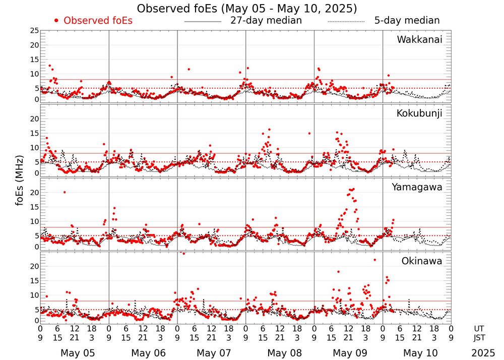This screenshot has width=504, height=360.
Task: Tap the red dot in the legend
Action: coord(56,21)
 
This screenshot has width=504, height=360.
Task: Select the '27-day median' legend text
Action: coord(266,21)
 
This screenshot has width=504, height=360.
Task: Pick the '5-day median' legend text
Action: coord(407,21)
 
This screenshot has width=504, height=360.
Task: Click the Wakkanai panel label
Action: coord(419,40)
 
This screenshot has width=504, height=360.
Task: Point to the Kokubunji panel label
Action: coord(419,113)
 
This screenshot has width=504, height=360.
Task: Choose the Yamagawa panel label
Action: coord(417,187)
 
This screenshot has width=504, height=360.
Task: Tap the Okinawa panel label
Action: coord(421,261)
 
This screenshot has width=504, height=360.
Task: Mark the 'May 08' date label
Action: coord(284,353)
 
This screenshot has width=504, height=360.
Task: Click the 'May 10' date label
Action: coord(422,353)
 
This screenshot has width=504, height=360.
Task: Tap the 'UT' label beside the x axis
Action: coord(479,328)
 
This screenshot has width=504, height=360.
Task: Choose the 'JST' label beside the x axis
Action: coord(479,337)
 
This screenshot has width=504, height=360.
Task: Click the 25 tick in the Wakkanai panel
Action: coord(34,31)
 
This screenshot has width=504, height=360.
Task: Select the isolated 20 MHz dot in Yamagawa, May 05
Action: coord(65,192)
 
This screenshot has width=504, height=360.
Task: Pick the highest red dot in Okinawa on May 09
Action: coord(374,260)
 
